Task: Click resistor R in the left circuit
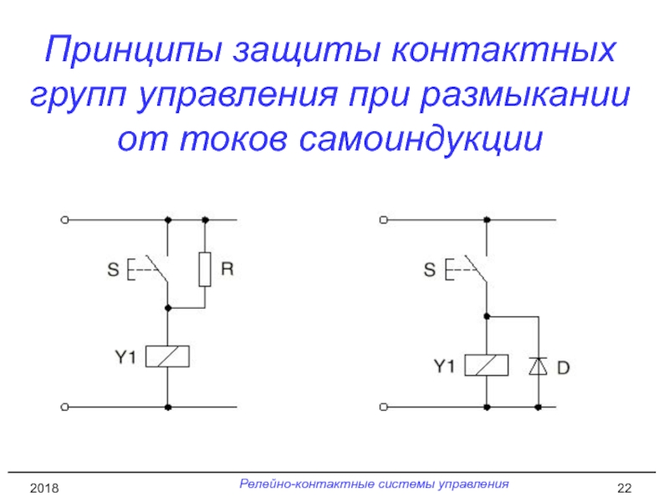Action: pos(205,269)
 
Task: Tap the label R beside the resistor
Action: pos(227,269)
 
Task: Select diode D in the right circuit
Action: pos(538,366)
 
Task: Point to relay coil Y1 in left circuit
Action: pos(167,356)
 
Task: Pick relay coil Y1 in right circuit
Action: pos(487,366)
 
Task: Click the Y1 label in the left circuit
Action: pos(124,356)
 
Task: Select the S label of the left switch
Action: pos(112,269)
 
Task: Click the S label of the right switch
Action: pos(430,269)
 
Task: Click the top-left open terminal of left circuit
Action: pos(64,220)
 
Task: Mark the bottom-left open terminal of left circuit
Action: pos(64,407)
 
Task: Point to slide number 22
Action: pos(623,487)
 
